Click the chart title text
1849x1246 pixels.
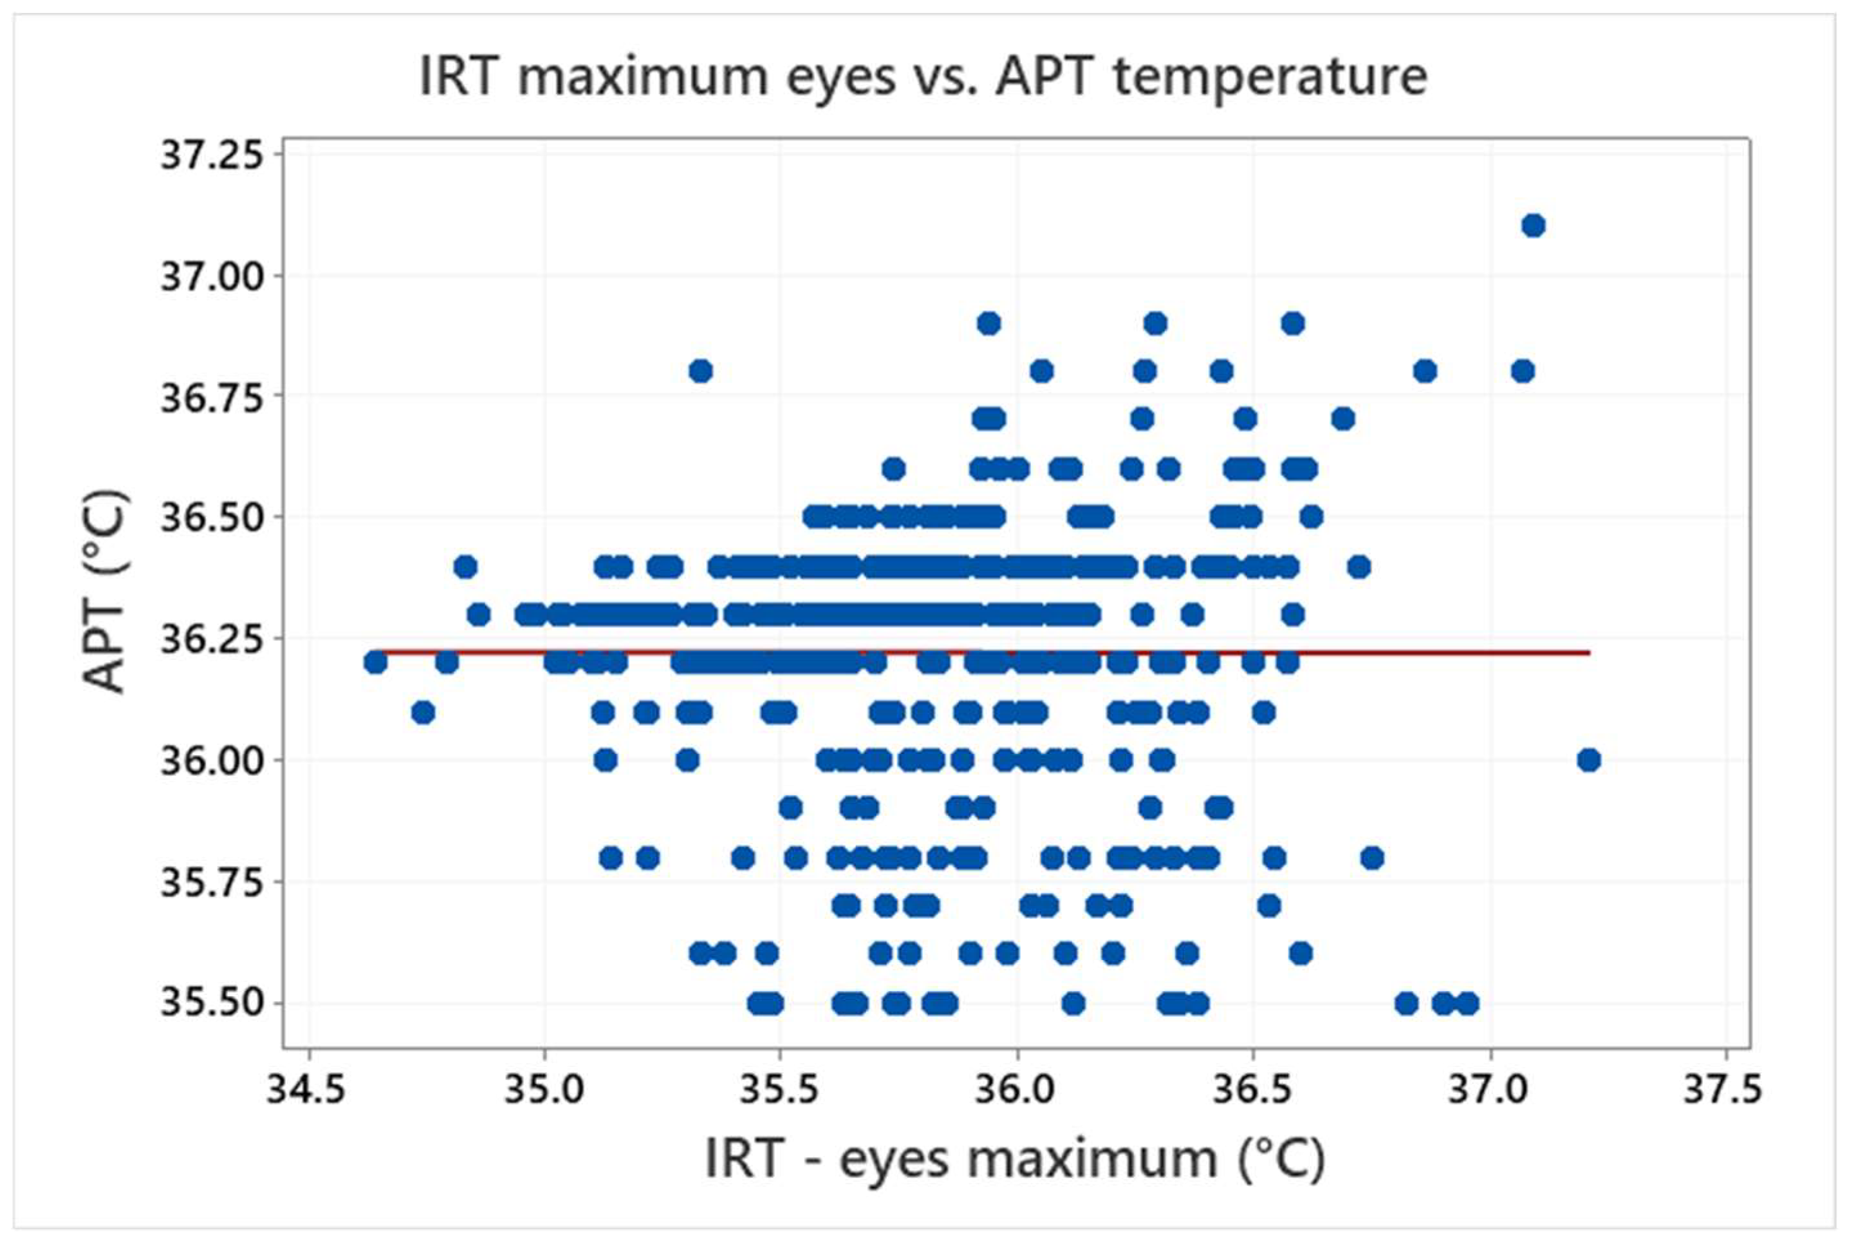pyautogui.click(x=923, y=77)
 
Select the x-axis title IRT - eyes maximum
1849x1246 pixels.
pyautogui.click(x=1015, y=1159)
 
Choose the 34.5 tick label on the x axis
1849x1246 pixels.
pyautogui.click(x=306, y=1090)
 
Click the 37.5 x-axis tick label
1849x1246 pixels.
pyautogui.click(x=1724, y=1090)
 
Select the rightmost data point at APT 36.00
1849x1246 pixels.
pyautogui.click(x=1588, y=760)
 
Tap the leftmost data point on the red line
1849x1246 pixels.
pyautogui.click(x=375, y=662)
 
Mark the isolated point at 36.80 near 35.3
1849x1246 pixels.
pyautogui.click(x=700, y=371)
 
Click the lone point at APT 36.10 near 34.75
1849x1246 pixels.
pyautogui.click(x=423, y=713)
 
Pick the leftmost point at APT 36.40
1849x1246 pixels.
pyautogui.click(x=465, y=567)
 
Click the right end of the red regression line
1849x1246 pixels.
pyautogui.click(x=1588, y=653)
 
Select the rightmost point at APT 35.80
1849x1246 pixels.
pyautogui.click(x=1371, y=858)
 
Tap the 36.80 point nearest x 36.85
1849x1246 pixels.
pyautogui.click(x=1425, y=371)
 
